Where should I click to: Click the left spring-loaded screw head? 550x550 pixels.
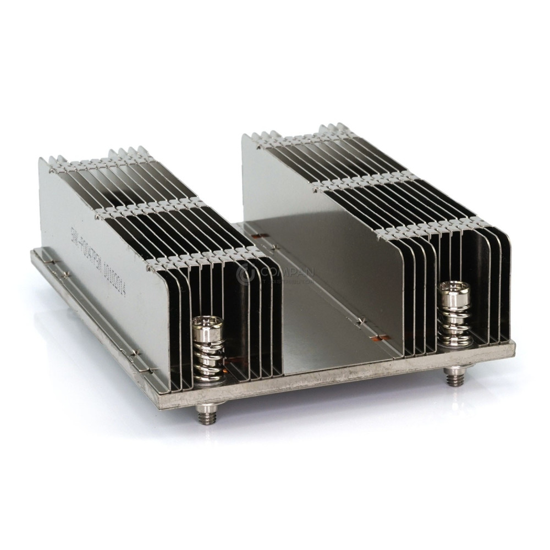[208, 328]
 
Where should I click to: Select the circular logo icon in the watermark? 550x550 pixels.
[246, 273]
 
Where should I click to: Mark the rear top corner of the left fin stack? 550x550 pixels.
[41, 159]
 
